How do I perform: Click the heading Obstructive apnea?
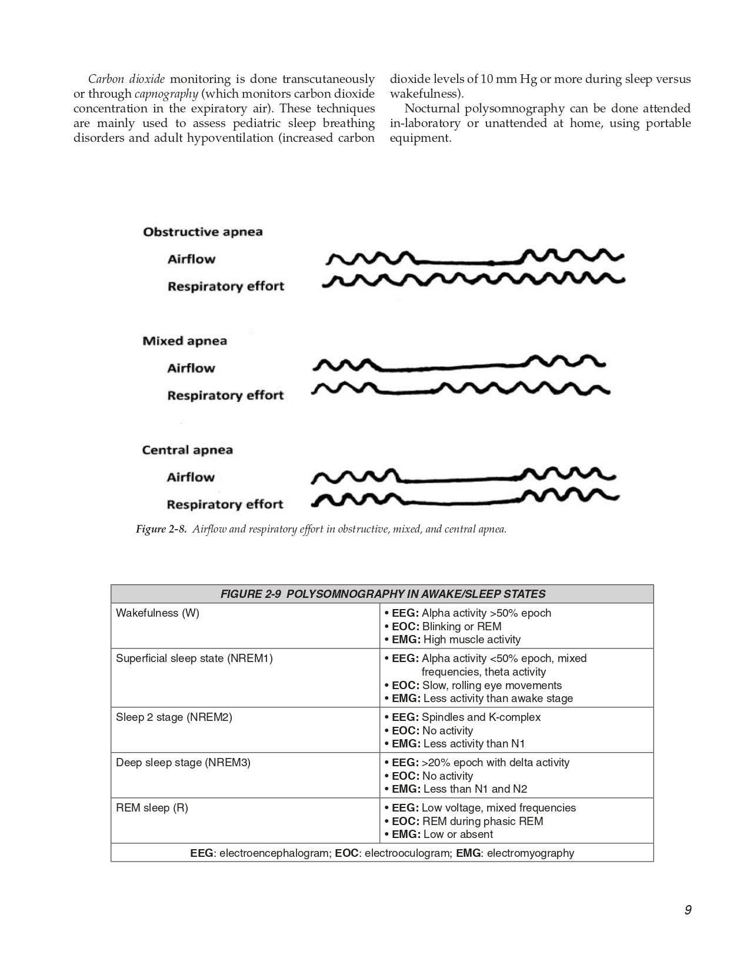pyautogui.click(x=202, y=232)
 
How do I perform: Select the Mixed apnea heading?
pyautogui.click(x=184, y=341)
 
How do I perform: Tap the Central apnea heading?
pyautogui.click(x=187, y=450)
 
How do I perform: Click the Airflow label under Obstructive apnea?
pyautogui.click(x=191, y=260)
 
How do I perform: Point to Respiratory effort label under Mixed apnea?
pyautogui.click(x=225, y=395)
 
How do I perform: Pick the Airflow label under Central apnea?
pyautogui.click(x=190, y=477)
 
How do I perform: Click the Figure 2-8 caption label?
pyautogui.click(x=161, y=529)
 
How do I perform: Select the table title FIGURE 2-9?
pyautogui.click(x=382, y=594)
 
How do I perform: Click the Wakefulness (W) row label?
pyautogui.click(x=158, y=613)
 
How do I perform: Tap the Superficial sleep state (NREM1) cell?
pyautogui.click(x=194, y=659)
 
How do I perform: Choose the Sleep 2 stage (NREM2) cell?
pyautogui.click(x=174, y=717)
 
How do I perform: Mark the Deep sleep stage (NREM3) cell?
pyautogui.click(x=183, y=763)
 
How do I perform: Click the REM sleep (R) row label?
pyautogui.click(x=152, y=808)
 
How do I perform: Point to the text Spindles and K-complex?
pyautogui.click(x=481, y=717)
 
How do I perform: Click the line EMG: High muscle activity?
pyautogui.click(x=456, y=640)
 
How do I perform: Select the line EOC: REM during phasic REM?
pyautogui.click(x=467, y=822)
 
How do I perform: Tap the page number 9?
pyautogui.click(x=688, y=910)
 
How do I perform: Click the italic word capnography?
pyautogui.click(x=166, y=94)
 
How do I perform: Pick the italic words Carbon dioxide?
pyautogui.click(x=126, y=79)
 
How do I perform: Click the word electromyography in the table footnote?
pyautogui.click(x=530, y=853)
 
